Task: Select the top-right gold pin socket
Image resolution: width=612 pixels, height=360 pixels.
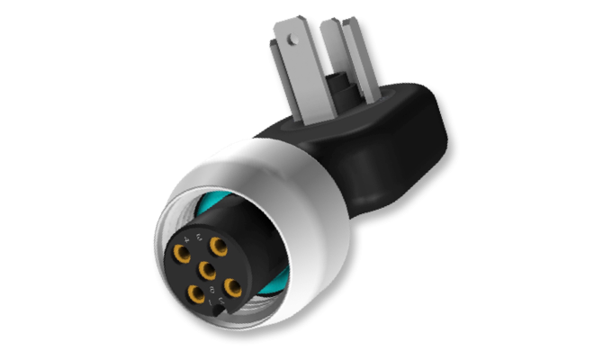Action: (218, 244)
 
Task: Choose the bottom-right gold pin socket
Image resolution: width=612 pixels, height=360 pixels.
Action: (231, 285)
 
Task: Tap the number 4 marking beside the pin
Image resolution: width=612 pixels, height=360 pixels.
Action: (186, 238)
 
